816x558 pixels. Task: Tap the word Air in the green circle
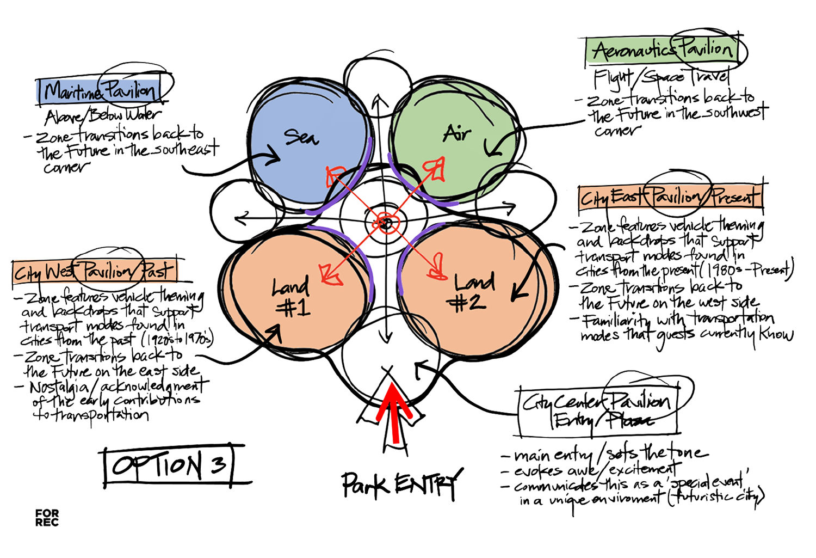pos(457,132)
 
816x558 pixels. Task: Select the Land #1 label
pos(292,297)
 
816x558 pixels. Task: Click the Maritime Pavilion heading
pos(101,91)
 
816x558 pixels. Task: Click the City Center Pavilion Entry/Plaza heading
pos(598,411)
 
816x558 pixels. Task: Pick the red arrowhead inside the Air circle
pos(436,168)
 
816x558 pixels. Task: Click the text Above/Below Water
pos(103,116)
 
